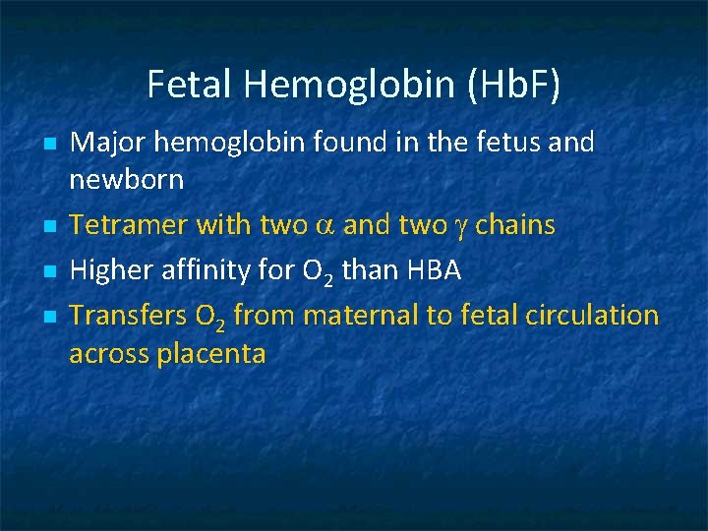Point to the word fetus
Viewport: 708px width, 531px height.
(x=502, y=143)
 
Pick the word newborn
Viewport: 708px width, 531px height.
(x=126, y=181)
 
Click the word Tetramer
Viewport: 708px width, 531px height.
(x=129, y=226)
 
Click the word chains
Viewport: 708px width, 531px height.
(x=515, y=226)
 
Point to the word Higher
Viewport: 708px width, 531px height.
(x=107, y=270)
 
